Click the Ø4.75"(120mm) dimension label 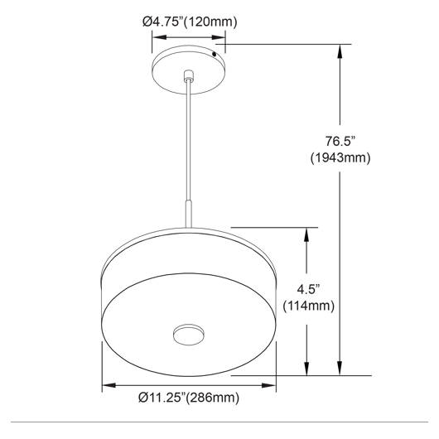point(190,22)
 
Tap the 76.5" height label point(340,141)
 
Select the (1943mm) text point(340,158)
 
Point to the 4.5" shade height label point(308,289)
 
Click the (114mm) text point(308,306)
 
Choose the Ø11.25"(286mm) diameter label point(189,398)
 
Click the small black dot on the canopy point(215,54)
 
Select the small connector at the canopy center point(189,75)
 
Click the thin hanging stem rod point(189,140)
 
